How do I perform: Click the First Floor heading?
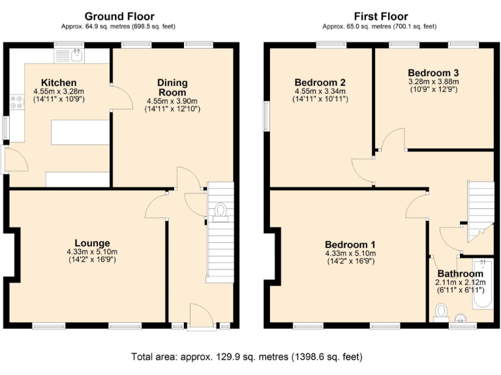point(381,16)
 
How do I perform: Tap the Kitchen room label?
point(59,83)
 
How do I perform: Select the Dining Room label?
point(172,88)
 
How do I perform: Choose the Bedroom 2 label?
point(320,83)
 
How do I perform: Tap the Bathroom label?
point(460,273)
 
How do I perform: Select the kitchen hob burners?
point(15,102)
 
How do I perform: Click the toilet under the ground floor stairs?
point(220,210)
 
